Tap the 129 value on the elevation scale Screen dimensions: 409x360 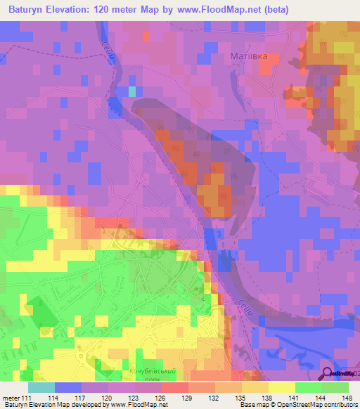click(x=188, y=397)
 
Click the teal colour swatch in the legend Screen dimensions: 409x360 click(x=41, y=387)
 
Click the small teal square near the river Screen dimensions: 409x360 click(x=131, y=91)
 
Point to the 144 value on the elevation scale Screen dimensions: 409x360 click(x=322, y=397)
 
